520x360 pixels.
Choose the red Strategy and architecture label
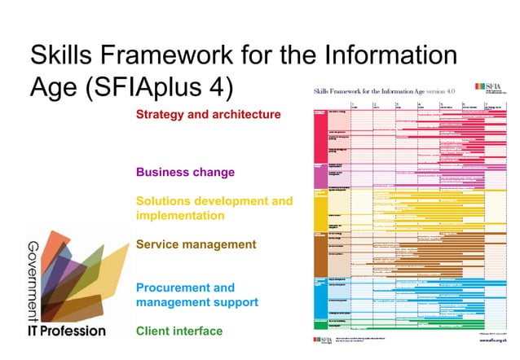tap(208, 115)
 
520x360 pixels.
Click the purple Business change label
tap(185, 173)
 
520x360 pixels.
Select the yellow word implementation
tap(180, 216)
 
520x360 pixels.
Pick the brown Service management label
tap(196, 244)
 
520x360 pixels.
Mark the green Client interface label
tap(179, 331)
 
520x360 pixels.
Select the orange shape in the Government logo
tap(51, 244)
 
